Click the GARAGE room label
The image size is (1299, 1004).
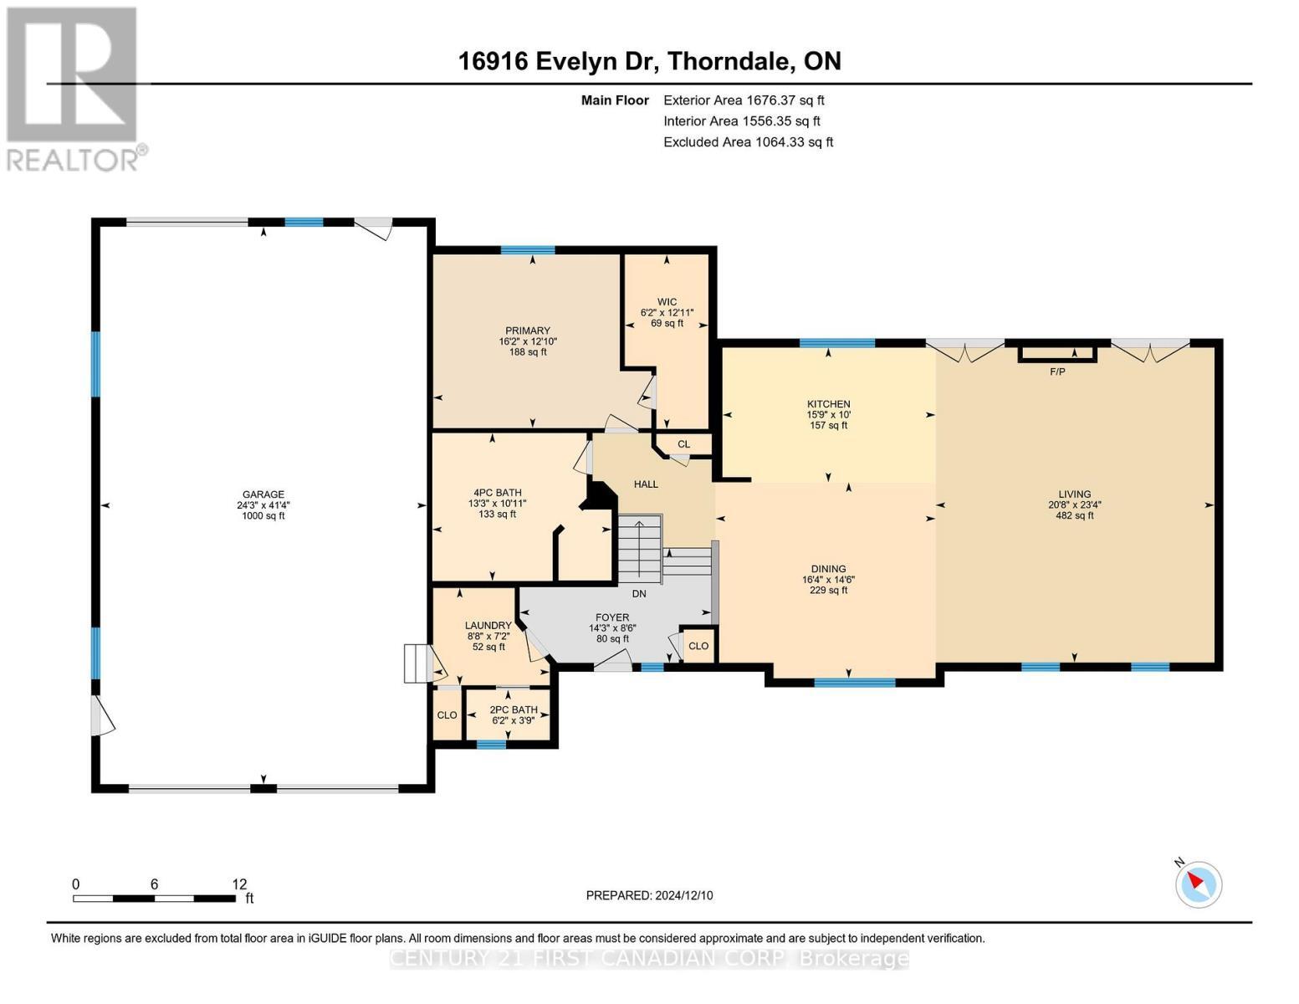[263, 494]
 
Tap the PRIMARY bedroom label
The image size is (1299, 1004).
[527, 330]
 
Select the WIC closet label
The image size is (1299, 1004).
[667, 302]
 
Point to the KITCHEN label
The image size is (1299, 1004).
[828, 404]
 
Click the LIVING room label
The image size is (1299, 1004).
[1074, 494]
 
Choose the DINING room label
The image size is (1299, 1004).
[828, 569]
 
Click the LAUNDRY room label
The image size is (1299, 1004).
[488, 626]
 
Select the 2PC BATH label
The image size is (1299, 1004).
[513, 709]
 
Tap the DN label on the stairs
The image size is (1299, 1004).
[639, 594]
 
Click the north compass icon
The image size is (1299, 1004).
[1199, 884]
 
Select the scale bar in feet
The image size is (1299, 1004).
[155, 899]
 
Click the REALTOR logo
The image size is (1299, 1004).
[74, 88]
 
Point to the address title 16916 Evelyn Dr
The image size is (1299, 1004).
[649, 61]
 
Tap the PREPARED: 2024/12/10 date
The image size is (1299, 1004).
[649, 895]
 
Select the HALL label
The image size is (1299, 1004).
[646, 484]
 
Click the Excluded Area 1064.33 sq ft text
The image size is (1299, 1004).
[748, 142]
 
